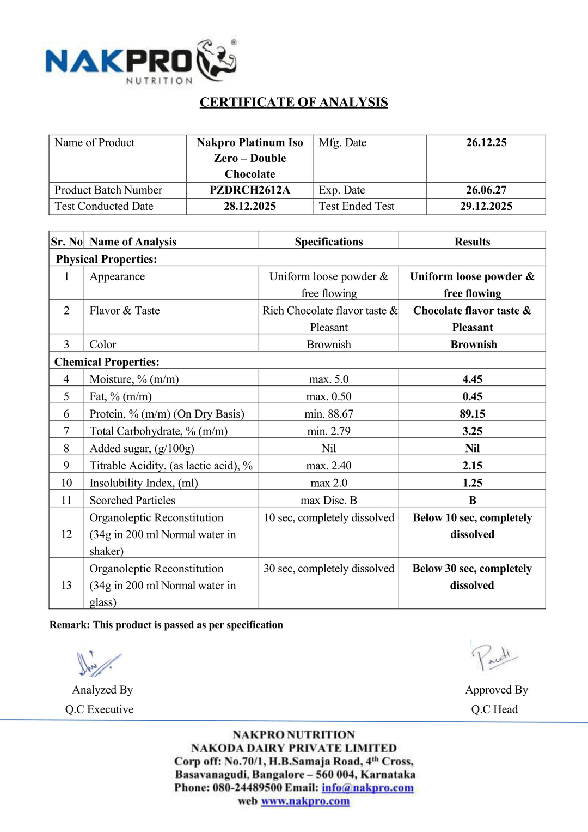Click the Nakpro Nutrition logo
tap(140, 62)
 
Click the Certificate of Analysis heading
tap(293, 103)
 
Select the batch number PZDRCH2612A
tap(249, 190)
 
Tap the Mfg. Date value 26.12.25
tap(486, 143)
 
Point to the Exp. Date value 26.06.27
tap(486, 190)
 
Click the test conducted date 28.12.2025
tap(249, 206)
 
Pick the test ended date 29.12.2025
tap(486, 206)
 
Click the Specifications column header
tap(328, 242)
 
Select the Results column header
tap(472, 242)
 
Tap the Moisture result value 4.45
tap(472, 379)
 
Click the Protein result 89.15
tap(472, 414)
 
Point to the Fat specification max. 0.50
tap(328, 396)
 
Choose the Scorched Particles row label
tap(132, 500)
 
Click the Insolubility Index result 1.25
tap(472, 483)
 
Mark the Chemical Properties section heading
tap(107, 362)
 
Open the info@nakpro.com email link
tap(367, 788)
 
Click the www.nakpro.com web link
tap(305, 801)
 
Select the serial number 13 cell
tap(66, 585)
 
